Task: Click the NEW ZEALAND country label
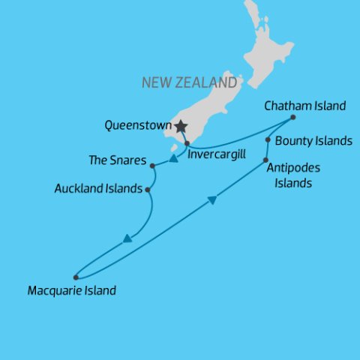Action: point(189,82)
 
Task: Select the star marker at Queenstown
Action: point(181,126)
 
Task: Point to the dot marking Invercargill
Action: point(187,142)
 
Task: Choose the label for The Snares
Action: point(116,160)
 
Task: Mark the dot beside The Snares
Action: point(152,166)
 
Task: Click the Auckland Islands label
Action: point(98,189)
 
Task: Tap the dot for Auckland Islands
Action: point(148,190)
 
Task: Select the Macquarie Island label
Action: point(71,290)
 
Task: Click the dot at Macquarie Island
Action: point(76,277)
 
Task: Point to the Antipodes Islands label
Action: point(289,175)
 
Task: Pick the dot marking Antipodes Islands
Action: point(265,160)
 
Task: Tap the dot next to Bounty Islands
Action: point(268,139)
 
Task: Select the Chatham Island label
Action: point(305,106)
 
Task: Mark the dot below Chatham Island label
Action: point(292,117)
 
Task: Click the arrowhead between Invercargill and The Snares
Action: point(173,158)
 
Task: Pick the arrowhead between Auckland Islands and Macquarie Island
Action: point(127,238)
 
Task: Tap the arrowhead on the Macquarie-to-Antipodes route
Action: point(212,199)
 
